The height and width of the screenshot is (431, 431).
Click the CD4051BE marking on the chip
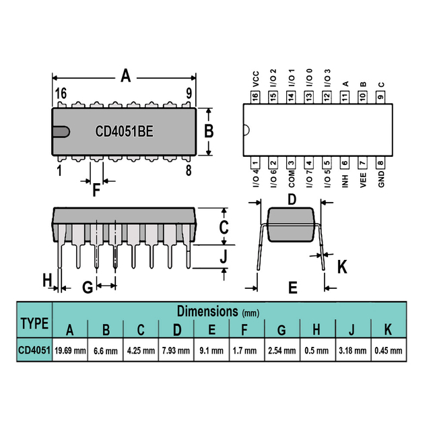click(x=124, y=131)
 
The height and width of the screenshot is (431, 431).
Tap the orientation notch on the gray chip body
click(x=61, y=132)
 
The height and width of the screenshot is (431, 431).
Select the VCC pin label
click(x=256, y=79)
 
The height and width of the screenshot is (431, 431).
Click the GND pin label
click(x=381, y=179)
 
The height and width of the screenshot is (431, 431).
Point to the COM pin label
click(x=292, y=179)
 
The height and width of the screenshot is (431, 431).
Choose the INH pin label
click(x=345, y=181)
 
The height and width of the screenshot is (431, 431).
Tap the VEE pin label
click(x=363, y=180)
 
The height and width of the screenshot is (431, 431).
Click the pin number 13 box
click(x=309, y=97)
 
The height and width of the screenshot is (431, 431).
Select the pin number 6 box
click(x=345, y=163)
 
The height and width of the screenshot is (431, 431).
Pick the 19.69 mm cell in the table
click(x=70, y=350)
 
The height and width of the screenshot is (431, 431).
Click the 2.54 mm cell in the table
click(x=282, y=350)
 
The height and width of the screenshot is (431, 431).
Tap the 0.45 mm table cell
click(x=389, y=350)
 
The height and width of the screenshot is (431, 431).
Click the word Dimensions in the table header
click(x=207, y=311)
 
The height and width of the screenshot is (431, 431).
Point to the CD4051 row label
click(x=34, y=350)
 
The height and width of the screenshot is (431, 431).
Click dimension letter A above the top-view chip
click(x=126, y=76)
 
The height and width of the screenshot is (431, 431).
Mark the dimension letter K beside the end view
click(x=342, y=267)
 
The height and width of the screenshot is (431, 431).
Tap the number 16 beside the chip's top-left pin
click(x=61, y=94)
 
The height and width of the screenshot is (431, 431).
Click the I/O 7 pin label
click(x=309, y=178)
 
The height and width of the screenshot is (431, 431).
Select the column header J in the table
click(x=352, y=329)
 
